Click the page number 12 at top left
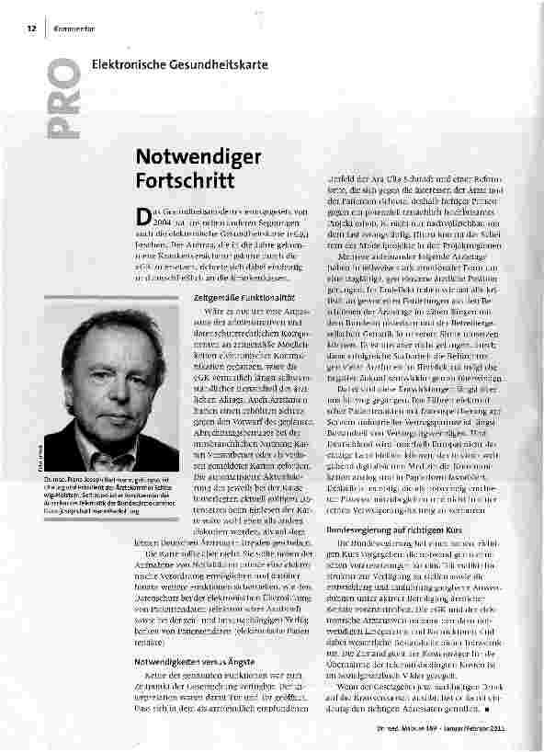30,30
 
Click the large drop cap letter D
142,215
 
